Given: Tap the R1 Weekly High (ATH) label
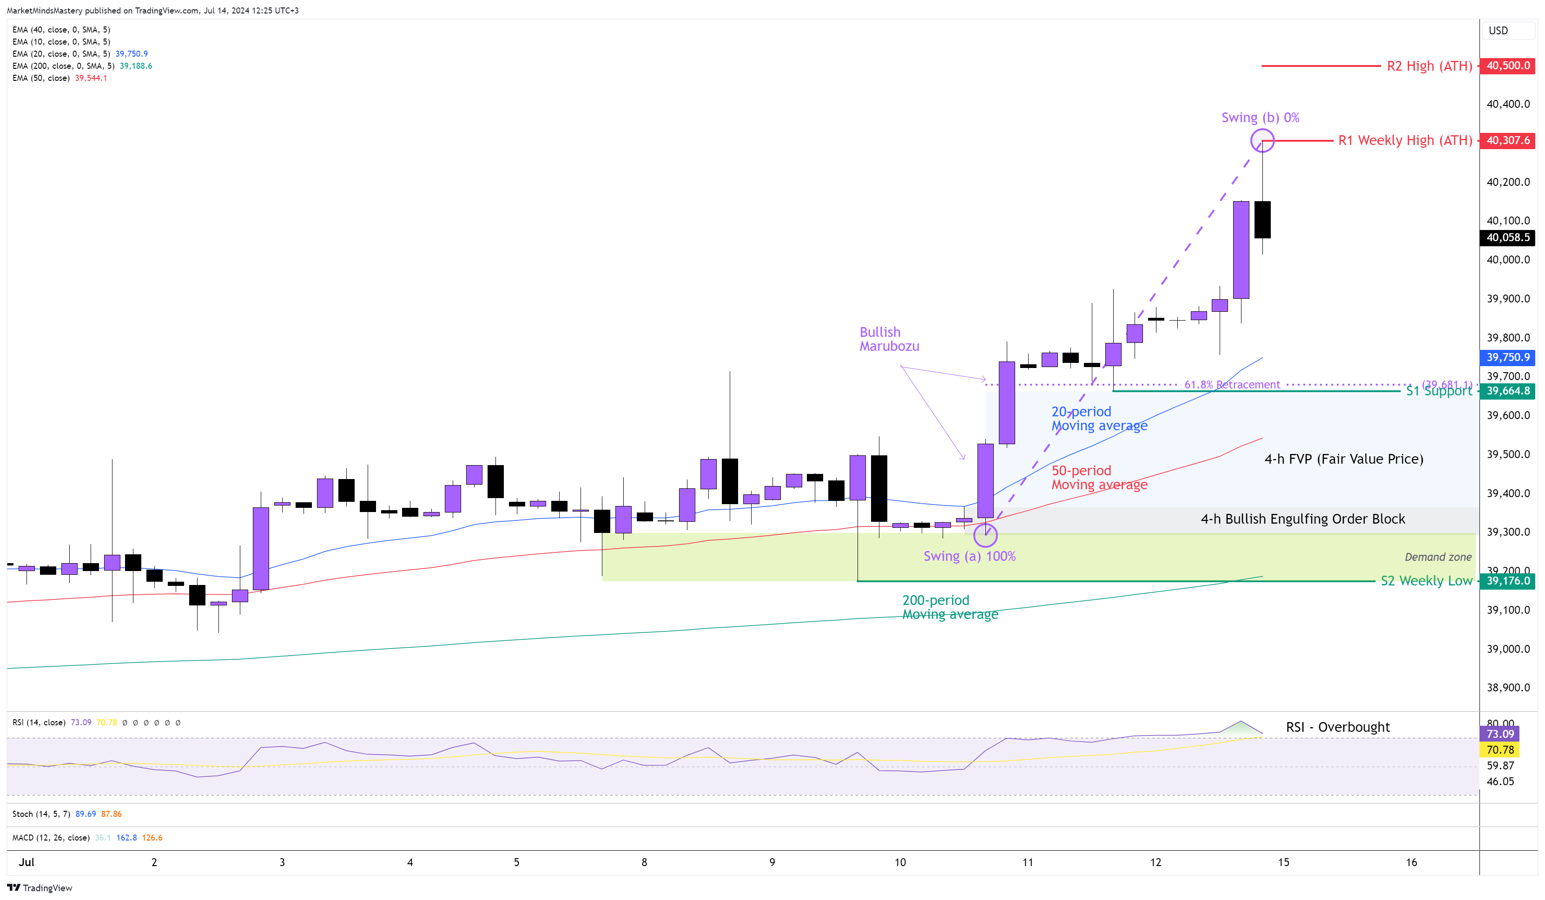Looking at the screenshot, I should pyautogui.click(x=1405, y=140).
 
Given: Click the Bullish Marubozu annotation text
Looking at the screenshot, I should pyautogui.click(x=889, y=339).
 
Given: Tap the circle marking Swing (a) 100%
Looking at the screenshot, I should pyautogui.click(x=985, y=535).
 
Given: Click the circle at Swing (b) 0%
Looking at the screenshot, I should pyautogui.click(x=1262, y=140).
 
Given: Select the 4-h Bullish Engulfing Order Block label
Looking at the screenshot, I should pyautogui.click(x=1302, y=519).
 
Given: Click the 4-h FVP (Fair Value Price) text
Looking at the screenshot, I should pyautogui.click(x=1343, y=459).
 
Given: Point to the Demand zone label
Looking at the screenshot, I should pyautogui.click(x=1438, y=557).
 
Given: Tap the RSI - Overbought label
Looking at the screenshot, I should pyautogui.click(x=1337, y=727).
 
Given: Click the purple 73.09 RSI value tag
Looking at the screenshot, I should pyautogui.click(x=1499, y=734).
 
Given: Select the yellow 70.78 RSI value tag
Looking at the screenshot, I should pyautogui.click(x=1499, y=750).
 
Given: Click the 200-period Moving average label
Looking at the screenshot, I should pyautogui.click(x=950, y=607).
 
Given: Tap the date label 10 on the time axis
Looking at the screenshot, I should pyautogui.click(x=899, y=862).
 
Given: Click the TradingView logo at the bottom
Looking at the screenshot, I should pyautogui.click(x=40, y=888).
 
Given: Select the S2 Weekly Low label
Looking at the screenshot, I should pyautogui.click(x=1426, y=581).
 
